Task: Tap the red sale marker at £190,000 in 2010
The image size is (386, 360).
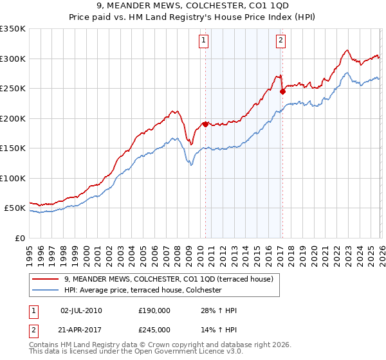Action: pos(205,124)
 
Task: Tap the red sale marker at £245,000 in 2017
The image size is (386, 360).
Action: pos(282,91)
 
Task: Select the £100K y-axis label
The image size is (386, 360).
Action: pos(13,179)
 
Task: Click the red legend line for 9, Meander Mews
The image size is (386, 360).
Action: pos(45,279)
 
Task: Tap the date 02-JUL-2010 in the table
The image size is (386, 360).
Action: pos(81,310)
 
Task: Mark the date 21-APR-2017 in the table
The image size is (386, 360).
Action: pos(81,330)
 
